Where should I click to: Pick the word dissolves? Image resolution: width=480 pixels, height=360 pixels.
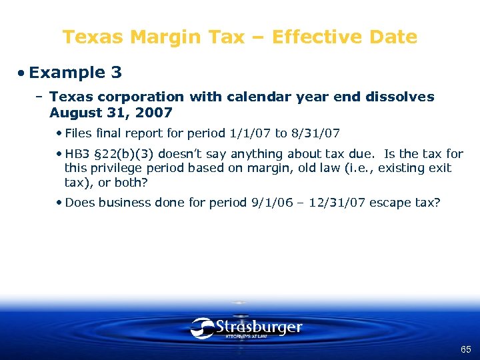[399, 97]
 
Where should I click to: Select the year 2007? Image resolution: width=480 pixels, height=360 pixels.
[154, 113]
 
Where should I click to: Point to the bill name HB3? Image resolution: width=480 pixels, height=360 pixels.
[77, 154]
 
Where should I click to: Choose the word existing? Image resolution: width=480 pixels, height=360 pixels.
[399, 168]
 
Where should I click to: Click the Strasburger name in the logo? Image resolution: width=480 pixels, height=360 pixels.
[258, 327]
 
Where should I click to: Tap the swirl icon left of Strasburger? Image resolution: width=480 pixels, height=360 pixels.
[202, 328]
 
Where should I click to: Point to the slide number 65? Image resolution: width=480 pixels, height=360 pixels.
[465, 349]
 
